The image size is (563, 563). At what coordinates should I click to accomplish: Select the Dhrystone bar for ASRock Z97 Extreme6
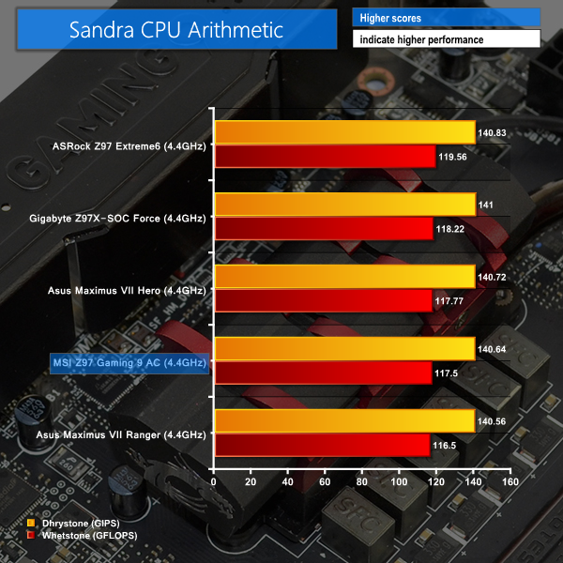point(344,132)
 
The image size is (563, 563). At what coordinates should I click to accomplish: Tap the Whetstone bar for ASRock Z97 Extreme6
point(325,157)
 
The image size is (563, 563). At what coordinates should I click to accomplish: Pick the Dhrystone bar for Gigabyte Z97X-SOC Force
point(344,205)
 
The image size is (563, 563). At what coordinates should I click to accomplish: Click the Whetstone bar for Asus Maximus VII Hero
point(324,301)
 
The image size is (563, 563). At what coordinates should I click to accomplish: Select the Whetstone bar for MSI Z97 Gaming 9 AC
point(323,373)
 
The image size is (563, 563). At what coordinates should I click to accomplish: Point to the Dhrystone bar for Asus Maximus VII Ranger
point(344,421)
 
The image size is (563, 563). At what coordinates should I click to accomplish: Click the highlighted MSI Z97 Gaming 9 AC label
point(129,362)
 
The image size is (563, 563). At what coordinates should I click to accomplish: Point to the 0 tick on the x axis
point(215,482)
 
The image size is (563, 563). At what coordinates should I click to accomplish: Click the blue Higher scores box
point(446,18)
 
